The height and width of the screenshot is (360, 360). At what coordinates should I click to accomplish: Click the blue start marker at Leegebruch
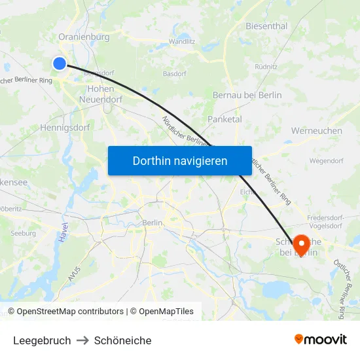(x=60, y=63)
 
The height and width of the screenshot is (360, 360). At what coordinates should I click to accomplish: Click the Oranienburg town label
(x=84, y=37)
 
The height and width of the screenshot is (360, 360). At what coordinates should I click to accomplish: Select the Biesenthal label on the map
(x=266, y=26)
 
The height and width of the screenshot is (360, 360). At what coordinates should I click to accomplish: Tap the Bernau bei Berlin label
(x=247, y=95)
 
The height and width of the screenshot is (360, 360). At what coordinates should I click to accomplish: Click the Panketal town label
(x=225, y=119)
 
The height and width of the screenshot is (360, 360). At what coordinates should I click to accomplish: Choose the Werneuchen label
(x=316, y=131)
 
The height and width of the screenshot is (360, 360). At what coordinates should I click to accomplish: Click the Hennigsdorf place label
(x=65, y=128)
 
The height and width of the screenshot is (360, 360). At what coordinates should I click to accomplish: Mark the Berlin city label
(x=152, y=223)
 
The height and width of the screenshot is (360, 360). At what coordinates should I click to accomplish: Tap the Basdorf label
(x=175, y=73)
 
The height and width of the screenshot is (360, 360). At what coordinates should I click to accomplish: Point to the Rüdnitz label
(x=266, y=67)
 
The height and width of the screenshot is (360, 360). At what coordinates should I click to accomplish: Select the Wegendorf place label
(x=327, y=160)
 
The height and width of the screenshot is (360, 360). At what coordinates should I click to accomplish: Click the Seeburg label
(x=23, y=233)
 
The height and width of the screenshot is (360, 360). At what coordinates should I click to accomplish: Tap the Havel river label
(x=63, y=234)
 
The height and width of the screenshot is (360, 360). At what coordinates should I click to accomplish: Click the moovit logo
(x=321, y=340)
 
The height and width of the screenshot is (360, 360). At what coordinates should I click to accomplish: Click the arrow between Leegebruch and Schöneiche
(x=82, y=340)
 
